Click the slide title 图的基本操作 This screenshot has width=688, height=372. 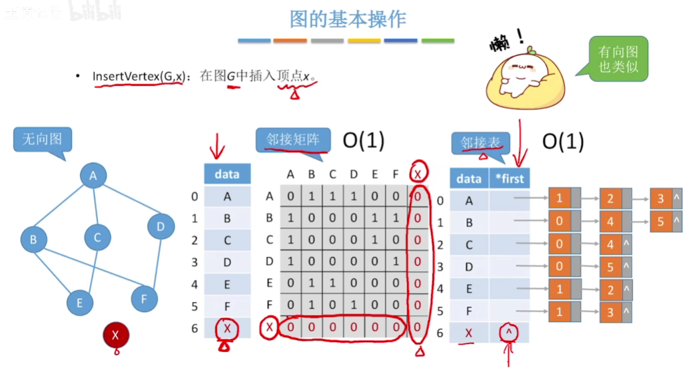tap(348, 19)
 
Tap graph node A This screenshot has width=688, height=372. tap(94, 176)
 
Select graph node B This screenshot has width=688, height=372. tap(33, 240)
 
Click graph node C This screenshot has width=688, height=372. tap(97, 237)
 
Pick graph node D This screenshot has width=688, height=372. tap(161, 226)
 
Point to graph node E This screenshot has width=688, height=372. tap(79, 303)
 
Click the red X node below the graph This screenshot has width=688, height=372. tap(116, 335)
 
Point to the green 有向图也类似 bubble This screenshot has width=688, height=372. tap(618, 59)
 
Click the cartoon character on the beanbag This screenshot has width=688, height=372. tap(525, 77)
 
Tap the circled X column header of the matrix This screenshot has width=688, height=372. tap(418, 174)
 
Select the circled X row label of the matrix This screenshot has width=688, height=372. tap(269, 327)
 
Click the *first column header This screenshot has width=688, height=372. tap(510, 178)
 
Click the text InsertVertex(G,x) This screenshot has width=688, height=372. tap(139, 76)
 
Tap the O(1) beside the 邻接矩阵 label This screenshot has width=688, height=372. tap(364, 140)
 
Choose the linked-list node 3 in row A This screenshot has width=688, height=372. tap(661, 198)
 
